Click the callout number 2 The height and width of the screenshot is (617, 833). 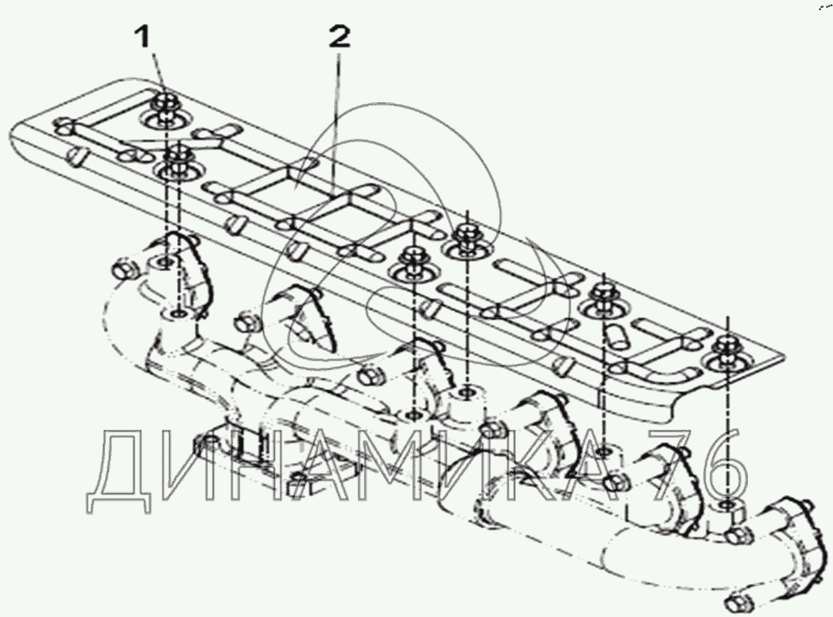tap(340, 36)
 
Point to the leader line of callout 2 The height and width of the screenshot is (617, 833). tap(336, 116)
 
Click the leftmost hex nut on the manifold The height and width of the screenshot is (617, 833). tap(123, 270)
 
